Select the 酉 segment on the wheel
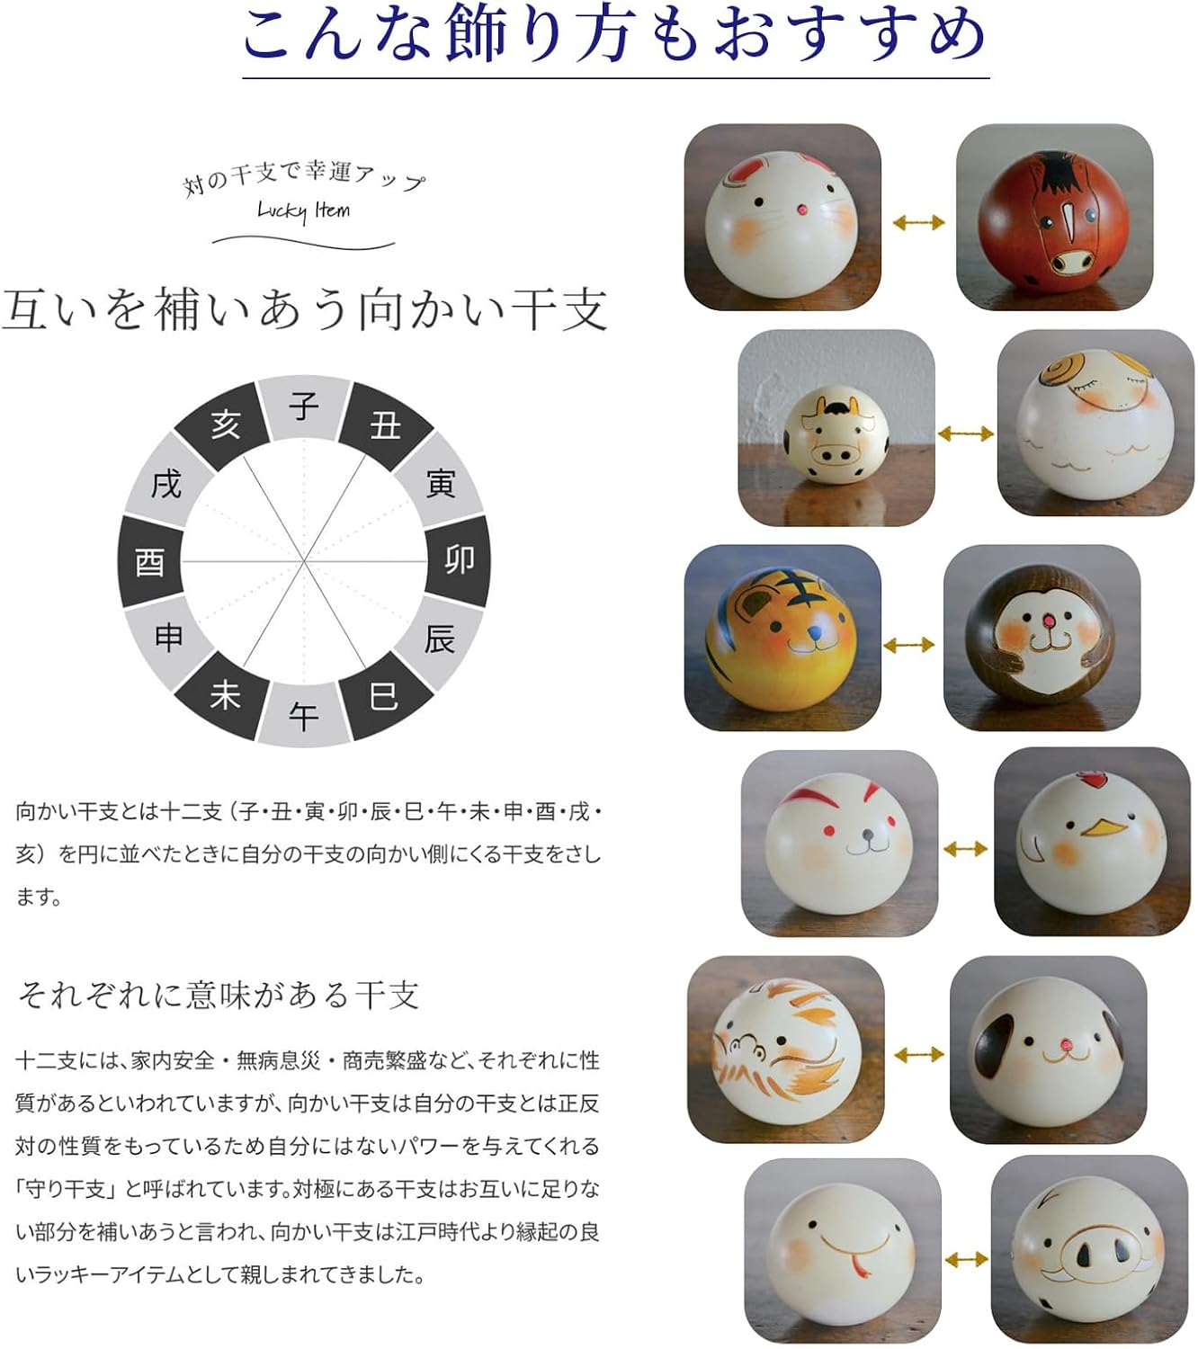150,561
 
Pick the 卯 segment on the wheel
458,561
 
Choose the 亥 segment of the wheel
225,424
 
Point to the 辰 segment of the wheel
440,639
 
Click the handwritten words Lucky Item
303,211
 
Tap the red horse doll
1054,219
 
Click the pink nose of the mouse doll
801,210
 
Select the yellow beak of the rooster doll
1104,827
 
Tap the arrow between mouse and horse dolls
918,222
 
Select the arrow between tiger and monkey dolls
909,645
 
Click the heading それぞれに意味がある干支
219,995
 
